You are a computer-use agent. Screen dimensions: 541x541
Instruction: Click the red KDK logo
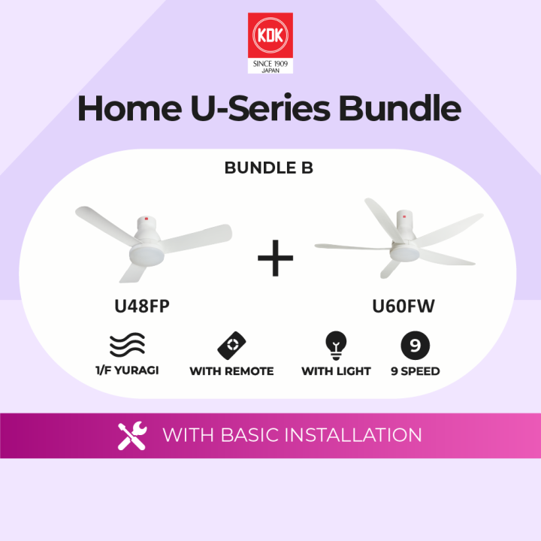[270, 36]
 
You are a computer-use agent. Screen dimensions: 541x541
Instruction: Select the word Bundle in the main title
[399, 108]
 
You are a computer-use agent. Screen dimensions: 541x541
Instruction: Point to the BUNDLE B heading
[269, 168]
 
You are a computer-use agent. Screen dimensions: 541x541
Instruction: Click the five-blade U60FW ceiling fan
[399, 239]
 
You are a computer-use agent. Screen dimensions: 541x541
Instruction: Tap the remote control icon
[231, 345]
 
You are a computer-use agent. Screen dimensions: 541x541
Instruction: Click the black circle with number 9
[415, 346]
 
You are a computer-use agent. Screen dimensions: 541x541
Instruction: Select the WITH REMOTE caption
[231, 370]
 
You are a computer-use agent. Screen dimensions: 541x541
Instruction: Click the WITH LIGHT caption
[336, 370]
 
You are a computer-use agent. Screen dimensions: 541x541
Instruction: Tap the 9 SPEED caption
[415, 370]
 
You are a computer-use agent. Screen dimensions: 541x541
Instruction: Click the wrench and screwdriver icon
[132, 436]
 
